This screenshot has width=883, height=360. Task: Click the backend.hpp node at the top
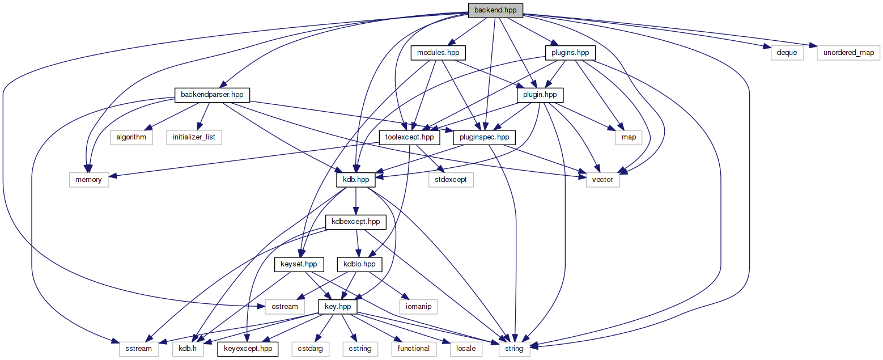(495, 10)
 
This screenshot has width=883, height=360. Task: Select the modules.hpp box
(438, 53)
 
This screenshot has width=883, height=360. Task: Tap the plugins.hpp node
(570, 53)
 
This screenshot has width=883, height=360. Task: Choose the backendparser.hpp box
(212, 95)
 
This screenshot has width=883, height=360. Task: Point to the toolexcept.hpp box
(409, 137)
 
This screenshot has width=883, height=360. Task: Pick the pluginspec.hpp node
(481, 137)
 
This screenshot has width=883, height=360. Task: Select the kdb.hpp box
(355, 180)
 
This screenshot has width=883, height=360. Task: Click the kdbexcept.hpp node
(355, 222)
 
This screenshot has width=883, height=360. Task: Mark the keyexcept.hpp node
(248, 349)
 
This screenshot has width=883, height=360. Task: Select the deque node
(787, 53)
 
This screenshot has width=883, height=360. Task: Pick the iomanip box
(418, 307)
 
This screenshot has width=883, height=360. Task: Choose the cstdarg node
(311, 349)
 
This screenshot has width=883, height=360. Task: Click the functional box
(414, 349)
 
